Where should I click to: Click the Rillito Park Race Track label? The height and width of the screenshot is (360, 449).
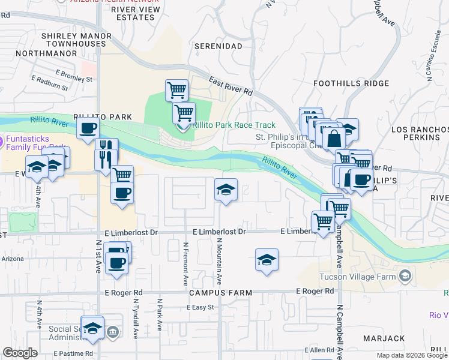click(x=233, y=125)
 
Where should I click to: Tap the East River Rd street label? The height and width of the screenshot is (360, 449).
click(x=231, y=86)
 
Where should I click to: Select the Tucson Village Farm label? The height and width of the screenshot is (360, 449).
click(x=361, y=276)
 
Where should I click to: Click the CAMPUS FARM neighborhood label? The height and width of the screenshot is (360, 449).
click(x=220, y=292)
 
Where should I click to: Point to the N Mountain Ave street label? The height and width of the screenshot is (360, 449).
click(x=220, y=261)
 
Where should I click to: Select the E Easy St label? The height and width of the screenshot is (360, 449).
click(x=200, y=307)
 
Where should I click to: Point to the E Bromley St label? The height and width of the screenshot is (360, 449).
click(x=74, y=78)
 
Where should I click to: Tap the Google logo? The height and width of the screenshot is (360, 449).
click(x=20, y=353)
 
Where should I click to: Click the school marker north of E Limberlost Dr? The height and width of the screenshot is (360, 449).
click(x=226, y=190)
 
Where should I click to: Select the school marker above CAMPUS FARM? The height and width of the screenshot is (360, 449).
click(x=267, y=259)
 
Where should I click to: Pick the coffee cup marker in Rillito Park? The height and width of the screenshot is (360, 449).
click(x=88, y=128)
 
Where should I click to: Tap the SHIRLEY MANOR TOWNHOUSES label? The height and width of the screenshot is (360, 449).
click(x=76, y=40)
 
